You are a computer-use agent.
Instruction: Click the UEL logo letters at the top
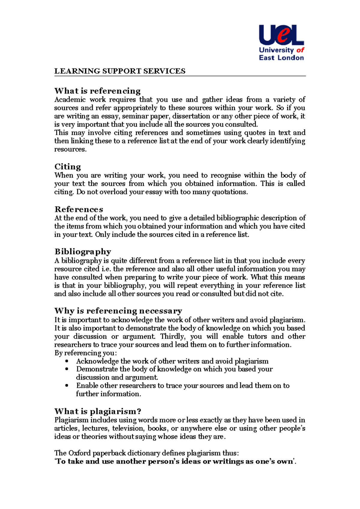pos(281,35)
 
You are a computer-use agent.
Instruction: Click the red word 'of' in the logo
pos(300,50)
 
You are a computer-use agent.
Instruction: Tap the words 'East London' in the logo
pos(281,58)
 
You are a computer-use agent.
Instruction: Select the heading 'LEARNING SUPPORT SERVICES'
pos(120,71)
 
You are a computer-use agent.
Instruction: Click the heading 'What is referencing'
pos(97,91)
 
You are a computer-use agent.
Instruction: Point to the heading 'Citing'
pos(67,167)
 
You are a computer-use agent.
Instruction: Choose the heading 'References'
pos(79,209)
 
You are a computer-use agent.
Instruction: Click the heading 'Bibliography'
pos(83,252)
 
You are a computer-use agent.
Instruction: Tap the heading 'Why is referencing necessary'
pos(118,311)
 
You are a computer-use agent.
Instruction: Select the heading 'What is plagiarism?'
pos(98,411)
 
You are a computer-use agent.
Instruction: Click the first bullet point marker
pos(67,362)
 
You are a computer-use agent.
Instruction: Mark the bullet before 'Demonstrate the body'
pos(67,370)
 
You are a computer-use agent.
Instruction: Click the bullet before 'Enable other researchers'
pos(67,386)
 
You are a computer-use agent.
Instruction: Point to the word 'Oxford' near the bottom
pos(79,453)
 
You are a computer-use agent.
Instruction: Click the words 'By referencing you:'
pos(85,353)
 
